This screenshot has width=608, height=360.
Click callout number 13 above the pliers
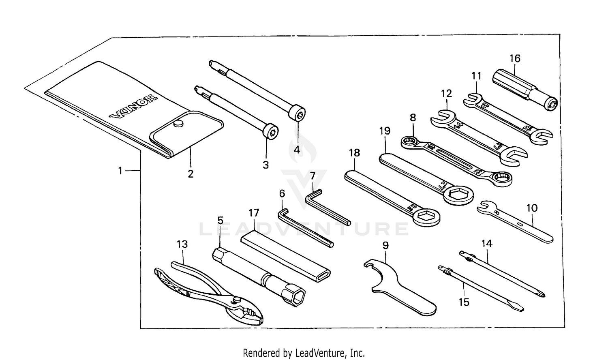[182, 244]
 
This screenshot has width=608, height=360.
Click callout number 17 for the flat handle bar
[254, 213]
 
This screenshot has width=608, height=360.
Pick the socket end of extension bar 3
[270, 133]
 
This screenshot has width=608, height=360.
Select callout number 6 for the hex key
[282, 194]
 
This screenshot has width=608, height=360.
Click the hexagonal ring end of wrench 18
[426, 216]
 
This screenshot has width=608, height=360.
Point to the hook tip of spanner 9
[368, 264]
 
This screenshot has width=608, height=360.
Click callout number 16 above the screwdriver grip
[515, 58]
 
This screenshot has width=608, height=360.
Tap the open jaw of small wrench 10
[484, 208]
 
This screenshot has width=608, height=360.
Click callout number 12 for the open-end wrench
[446, 94]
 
